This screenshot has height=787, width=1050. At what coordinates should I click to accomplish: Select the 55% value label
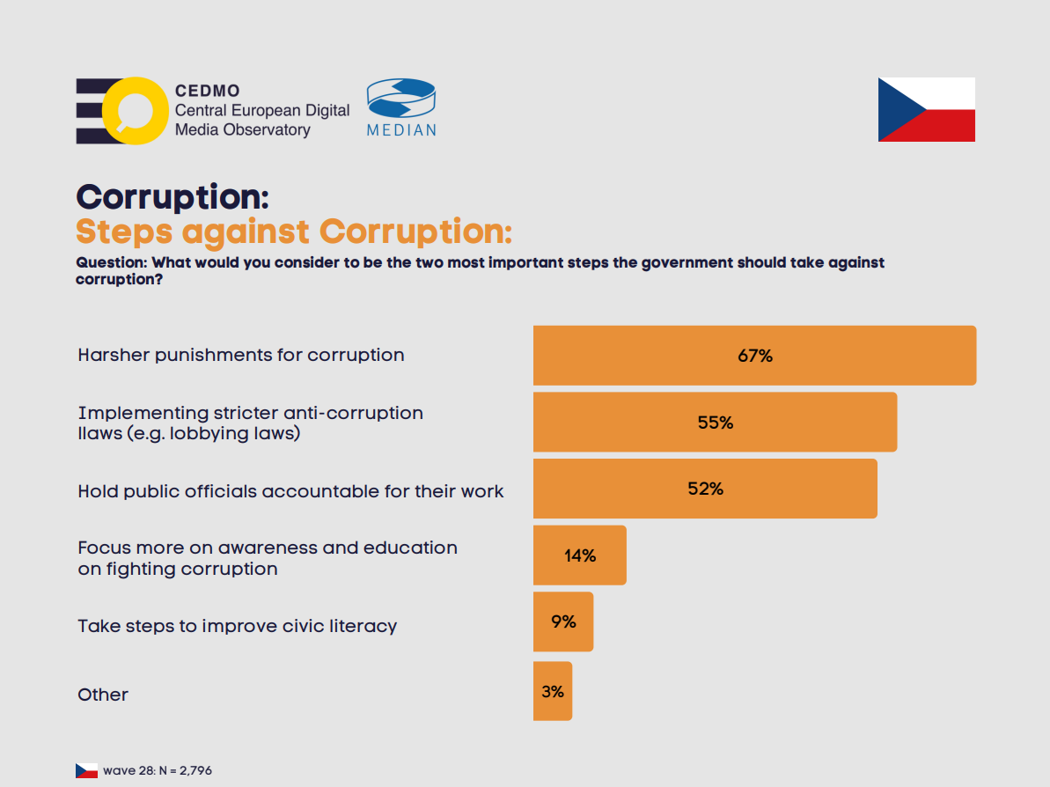[715, 423]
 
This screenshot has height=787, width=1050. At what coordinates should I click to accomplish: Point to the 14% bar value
[580, 555]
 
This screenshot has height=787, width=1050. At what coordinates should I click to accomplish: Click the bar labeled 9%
[563, 622]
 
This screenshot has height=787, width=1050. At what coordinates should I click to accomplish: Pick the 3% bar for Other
[553, 691]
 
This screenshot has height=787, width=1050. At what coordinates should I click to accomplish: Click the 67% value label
[754, 356]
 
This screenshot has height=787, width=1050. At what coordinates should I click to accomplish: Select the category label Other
[103, 695]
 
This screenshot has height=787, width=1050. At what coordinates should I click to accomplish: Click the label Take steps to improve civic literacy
[237, 626]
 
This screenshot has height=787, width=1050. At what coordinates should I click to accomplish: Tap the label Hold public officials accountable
[290, 491]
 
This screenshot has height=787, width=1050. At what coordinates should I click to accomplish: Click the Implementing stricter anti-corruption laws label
[250, 423]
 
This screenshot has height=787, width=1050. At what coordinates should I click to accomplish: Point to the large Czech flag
[926, 109]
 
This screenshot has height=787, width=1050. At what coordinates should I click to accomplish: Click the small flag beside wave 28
[86, 770]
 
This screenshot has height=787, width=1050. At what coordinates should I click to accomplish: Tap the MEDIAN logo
[401, 107]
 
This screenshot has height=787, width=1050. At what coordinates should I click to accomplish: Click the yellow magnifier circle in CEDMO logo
[134, 111]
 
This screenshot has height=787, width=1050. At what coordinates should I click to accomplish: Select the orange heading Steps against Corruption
[293, 232]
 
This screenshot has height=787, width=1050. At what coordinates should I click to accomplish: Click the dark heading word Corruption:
[173, 196]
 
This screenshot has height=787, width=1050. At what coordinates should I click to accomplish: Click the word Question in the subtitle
[110, 262]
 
